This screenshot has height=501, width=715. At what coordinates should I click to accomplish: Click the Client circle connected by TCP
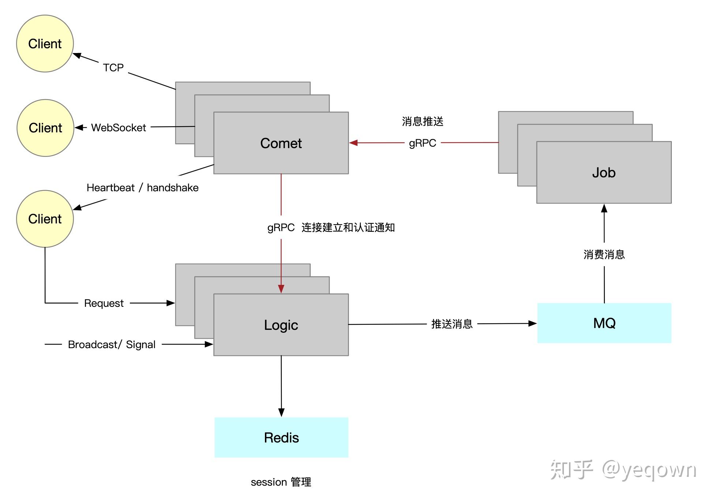[45, 44]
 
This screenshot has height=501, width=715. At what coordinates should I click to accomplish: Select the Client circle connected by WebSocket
[45, 128]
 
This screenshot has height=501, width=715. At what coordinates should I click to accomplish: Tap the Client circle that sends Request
[45, 219]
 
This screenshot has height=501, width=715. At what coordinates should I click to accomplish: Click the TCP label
[113, 68]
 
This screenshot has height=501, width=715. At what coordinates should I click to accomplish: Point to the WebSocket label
[118, 128]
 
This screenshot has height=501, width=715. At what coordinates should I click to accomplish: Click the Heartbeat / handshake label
[142, 188]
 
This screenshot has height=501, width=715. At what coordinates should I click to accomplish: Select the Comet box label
[281, 143]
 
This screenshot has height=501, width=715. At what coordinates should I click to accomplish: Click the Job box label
[603, 173]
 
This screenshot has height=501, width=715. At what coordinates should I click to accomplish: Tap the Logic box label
[281, 325]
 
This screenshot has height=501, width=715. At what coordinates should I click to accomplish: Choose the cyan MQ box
[604, 323]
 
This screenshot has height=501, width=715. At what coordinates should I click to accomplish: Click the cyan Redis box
[281, 437]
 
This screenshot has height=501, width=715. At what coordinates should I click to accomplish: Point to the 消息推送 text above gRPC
[422, 121]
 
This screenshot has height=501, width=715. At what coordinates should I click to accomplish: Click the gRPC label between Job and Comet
[422, 143]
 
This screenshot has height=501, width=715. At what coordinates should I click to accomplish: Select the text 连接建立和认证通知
[348, 227]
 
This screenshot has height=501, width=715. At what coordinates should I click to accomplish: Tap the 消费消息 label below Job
[604, 255]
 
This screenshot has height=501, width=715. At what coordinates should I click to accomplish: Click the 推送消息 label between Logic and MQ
[452, 324]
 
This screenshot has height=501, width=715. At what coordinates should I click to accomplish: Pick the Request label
[104, 303]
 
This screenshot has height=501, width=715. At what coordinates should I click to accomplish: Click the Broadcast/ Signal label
[112, 344]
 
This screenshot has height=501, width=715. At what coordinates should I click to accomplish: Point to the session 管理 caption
[281, 482]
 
